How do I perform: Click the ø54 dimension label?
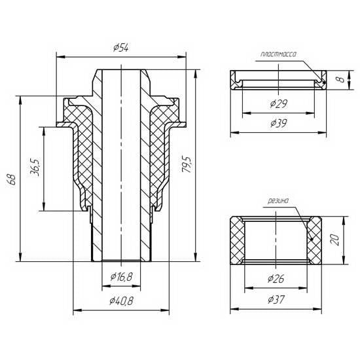pos(121,48)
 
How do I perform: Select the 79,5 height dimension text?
pos(186,164)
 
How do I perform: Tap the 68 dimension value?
pos(12,180)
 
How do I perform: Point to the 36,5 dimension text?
pos(35,167)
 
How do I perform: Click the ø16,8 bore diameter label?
pos(121,277)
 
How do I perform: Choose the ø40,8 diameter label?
pos(121,301)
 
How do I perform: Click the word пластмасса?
pos(278,54)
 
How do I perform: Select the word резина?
pos(278,201)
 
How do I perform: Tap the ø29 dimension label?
pos(278,104)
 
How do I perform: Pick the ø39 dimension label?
pos(278,123)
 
